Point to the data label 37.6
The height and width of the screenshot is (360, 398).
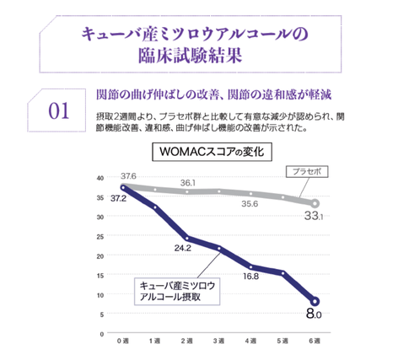click(127, 175)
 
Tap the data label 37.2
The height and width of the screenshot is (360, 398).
click(118, 199)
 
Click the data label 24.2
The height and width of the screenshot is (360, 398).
click(183, 248)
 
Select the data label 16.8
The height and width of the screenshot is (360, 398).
click(250, 276)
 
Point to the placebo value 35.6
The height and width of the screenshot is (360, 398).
click(250, 203)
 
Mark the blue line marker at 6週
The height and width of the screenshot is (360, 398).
click(315, 301)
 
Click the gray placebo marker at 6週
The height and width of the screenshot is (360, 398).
click(315, 203)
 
